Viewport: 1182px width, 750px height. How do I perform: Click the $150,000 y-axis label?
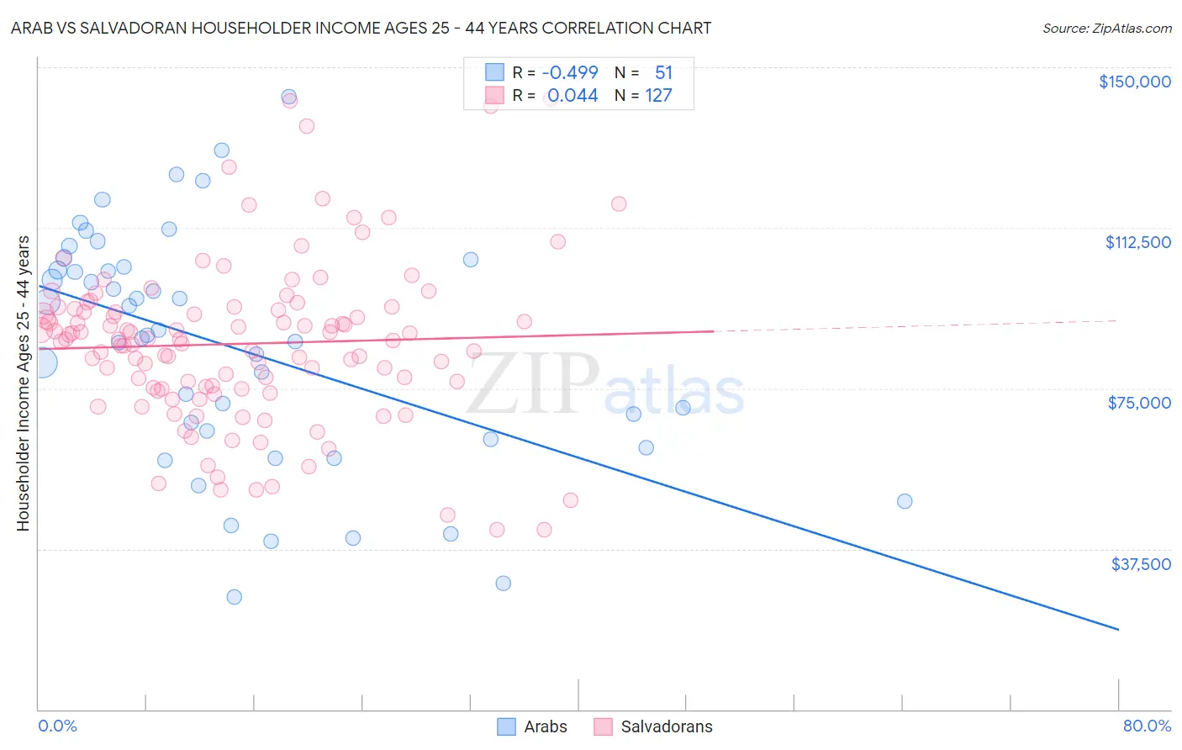tap(1134, 82)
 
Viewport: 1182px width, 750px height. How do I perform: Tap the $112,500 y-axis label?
tap(1137, 242)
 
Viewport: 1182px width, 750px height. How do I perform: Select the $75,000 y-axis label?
tap(1139, 403)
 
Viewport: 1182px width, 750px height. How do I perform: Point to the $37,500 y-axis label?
tap(1141, 564)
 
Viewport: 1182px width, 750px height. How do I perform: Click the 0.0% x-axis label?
tap(57, 726)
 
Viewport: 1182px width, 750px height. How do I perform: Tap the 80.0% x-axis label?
tap(1147, 726)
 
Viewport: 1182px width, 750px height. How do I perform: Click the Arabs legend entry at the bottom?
tap(532, 726)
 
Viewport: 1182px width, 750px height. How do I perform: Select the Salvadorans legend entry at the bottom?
tap(653, 726)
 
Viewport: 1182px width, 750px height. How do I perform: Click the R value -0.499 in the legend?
tap(569, 72)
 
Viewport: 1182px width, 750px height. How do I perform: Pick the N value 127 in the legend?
tap(658, 96)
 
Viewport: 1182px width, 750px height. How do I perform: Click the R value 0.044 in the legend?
tap(573, 96)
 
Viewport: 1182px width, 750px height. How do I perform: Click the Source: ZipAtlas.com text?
tap(1106, 29)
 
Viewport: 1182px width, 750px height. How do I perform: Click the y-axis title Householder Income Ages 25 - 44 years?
tap(23, 383)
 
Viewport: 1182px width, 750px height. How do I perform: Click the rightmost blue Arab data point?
tap(905, 501)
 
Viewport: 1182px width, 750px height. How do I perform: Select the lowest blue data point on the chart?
tap(235, 597)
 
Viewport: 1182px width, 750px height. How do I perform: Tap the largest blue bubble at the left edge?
tap(40, 363)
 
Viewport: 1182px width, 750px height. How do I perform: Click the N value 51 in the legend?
tap(663, 72)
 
